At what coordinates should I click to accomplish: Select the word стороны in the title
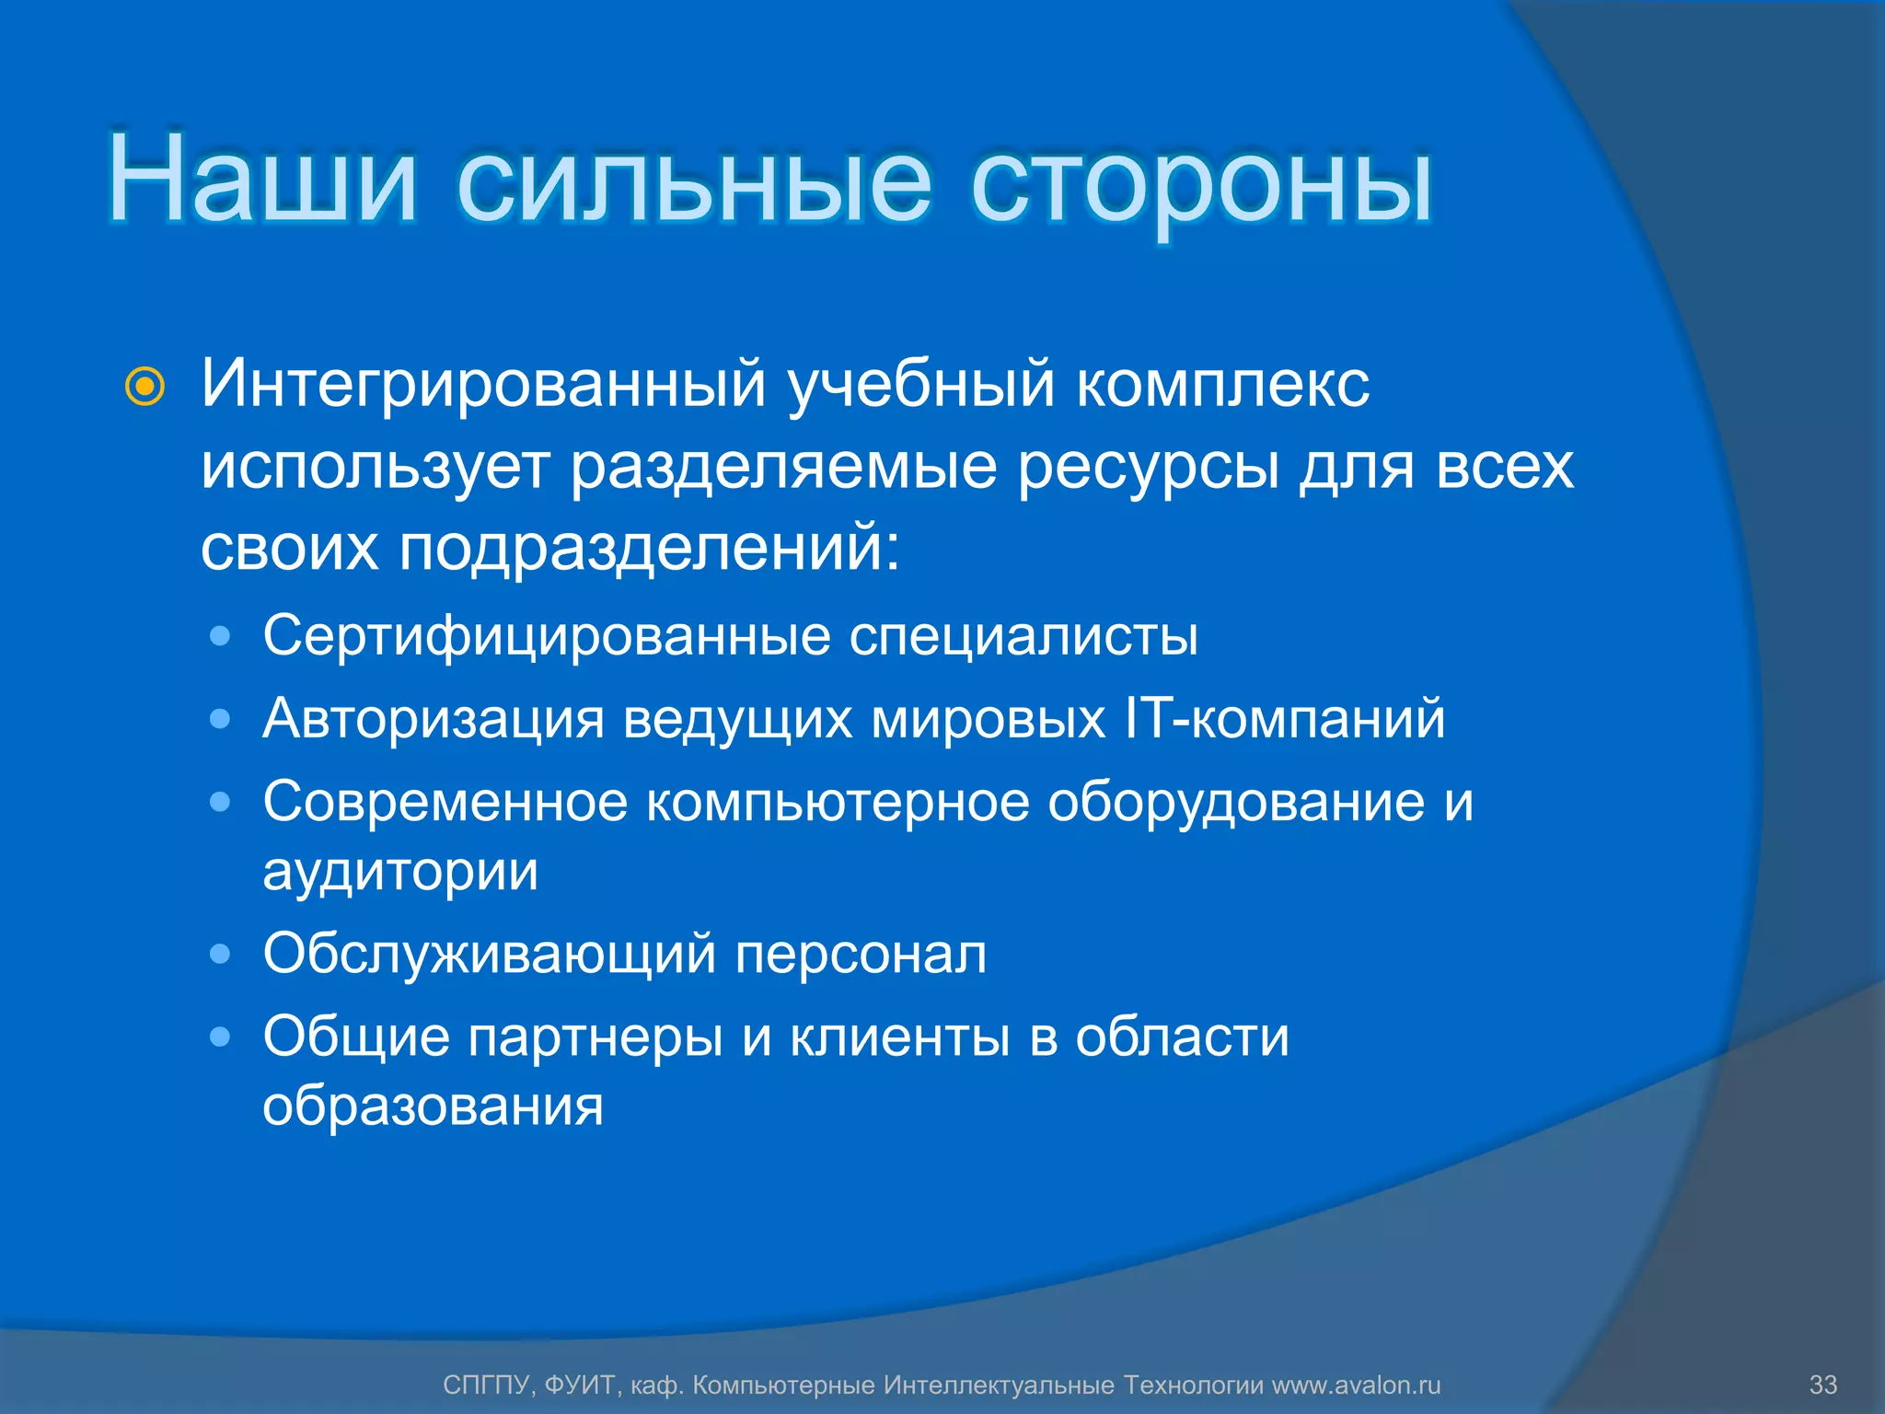[x=1201, y=184]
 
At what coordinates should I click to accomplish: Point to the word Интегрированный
[x=483, y=385]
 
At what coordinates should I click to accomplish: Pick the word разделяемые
[x=783, y=468]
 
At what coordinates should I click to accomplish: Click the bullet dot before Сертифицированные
[x=220, y=636]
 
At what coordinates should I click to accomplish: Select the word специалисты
[x=1023, y=637]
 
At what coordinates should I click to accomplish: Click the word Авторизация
[x=434, y=719]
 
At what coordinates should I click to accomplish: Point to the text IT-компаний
[x=1285, y=718]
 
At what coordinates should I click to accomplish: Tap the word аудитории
[x=400, y=871]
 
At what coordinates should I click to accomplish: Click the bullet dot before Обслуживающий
[x=220, y=954]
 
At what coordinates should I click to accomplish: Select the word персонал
[x=861, y=954]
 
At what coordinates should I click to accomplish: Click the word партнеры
[x=596, y=1038]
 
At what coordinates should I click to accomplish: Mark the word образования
[x=433, y=1106]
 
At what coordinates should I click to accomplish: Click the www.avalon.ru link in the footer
[x=1356, y=1385]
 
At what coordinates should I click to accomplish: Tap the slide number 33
[x=1822, y=1385]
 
